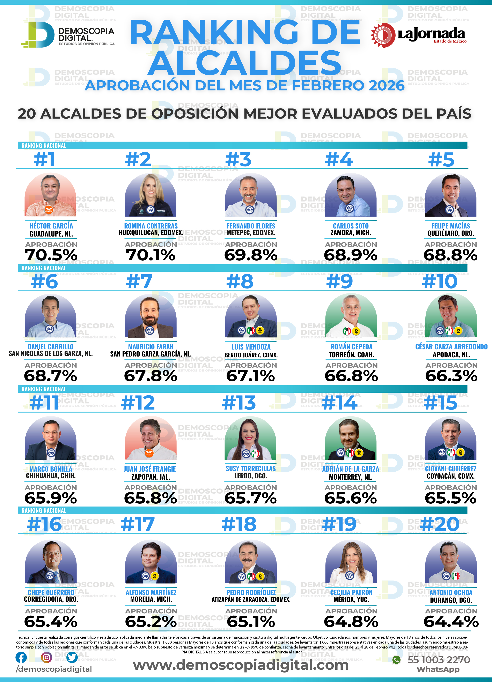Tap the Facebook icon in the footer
point(21,657)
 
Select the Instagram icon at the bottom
point(46,657)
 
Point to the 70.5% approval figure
point(51,255)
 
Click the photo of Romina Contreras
point(150,195)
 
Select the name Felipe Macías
point(450,226)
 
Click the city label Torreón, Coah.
point(351,355)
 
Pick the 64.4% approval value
point(451,622)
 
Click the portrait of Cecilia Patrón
point(351,562)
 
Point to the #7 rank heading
point(139,282)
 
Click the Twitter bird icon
point(72,657)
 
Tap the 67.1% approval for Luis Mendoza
point(251,376)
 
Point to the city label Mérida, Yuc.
point(351,600)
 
